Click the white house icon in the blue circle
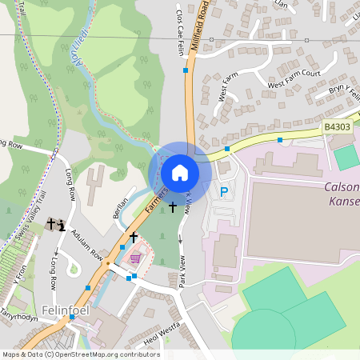click(x=180, y=171)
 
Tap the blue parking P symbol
click(x=224, y=192)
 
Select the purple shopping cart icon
click(x=135, y=258)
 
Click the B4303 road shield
click(x=338, y=126)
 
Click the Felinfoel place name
click(x=58, y=309)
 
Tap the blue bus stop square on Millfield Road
click(x=186, y=70)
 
